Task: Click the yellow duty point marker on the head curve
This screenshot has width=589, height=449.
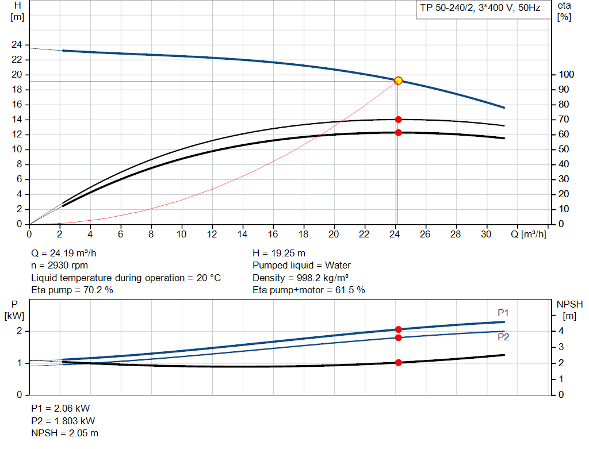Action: click(x=398, y=80)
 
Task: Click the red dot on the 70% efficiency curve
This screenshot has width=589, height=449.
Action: click(x=398, y=120)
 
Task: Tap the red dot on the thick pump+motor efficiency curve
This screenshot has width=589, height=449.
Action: click(x=398, y=133)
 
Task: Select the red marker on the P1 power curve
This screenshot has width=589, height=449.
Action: click(x=398, y=329)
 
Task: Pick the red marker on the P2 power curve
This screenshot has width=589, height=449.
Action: click(x=398, y=337)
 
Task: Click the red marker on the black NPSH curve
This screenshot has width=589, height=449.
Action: click(x=398, y=363)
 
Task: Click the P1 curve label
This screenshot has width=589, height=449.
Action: click(x=503, y=313)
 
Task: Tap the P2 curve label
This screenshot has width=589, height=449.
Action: click(x=503, y=337)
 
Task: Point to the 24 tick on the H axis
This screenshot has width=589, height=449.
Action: click(x=17, y=45)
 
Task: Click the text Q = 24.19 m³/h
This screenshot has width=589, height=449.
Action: click(x=68, y=253)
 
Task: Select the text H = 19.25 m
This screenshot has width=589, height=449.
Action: click(x=279, y=253)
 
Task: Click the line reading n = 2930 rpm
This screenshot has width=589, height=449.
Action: click(x=60, y=266)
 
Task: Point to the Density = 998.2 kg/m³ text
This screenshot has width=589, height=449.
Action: click(x=300, y=278)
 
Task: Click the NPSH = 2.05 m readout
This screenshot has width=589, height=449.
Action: click(x=64, y=433)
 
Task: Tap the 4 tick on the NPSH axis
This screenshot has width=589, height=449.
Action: click(x=561, y=331)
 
